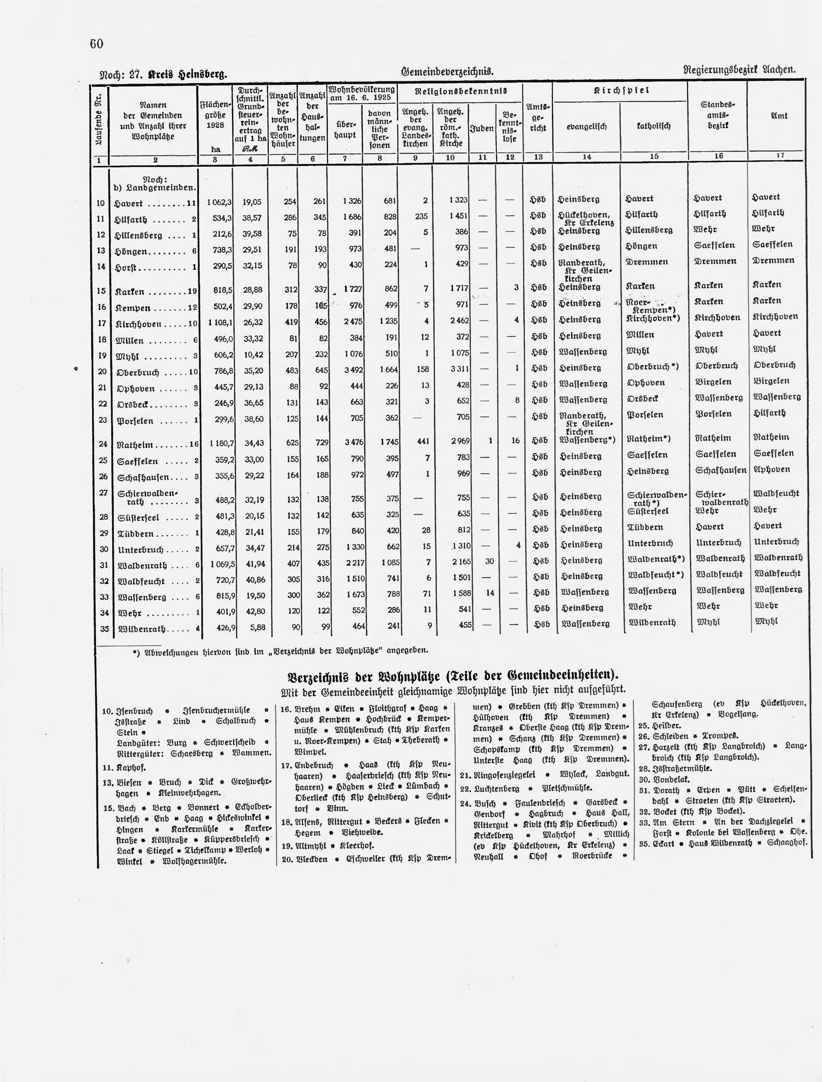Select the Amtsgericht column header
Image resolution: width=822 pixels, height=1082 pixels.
[538, 117]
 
